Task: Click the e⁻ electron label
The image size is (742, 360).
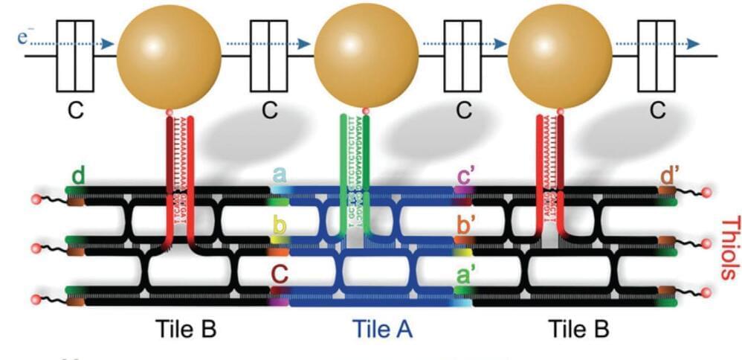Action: point(30,34)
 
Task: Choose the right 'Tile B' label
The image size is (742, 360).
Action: point(578,328)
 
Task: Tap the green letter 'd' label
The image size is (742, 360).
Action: point(78,177)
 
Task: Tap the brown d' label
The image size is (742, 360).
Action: point(670,177)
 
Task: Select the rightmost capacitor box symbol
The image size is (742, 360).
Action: point(657,55)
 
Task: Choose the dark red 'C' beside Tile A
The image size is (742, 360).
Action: point(280,277)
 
